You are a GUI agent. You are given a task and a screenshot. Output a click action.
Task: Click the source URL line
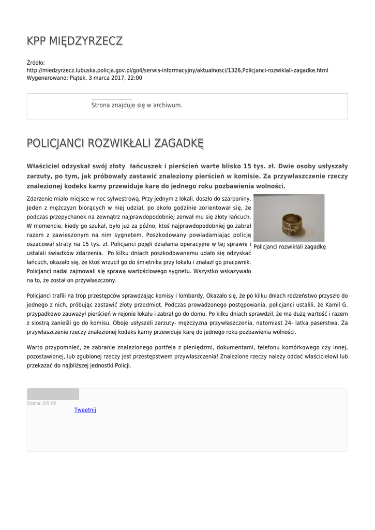coord(177,70)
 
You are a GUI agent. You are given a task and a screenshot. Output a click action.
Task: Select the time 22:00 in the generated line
coord(134,78)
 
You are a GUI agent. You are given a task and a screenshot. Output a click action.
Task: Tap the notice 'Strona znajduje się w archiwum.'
coord(137,105)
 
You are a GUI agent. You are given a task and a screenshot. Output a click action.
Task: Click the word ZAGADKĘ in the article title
coord(178,143)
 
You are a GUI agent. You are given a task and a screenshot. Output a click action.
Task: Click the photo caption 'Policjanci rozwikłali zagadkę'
coord(289,247)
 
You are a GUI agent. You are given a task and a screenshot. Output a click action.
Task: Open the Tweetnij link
coord(85,410)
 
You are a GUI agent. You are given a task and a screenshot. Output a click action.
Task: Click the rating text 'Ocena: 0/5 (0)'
coord(42,403)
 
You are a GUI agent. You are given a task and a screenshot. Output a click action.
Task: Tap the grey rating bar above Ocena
coord(53,394)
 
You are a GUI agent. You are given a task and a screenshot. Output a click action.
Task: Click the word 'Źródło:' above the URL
coord(36,63)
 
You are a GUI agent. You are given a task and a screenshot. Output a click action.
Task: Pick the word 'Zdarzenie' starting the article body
coord(40,198)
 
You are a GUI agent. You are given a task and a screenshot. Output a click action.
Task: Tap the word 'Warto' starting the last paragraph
coord(35,347)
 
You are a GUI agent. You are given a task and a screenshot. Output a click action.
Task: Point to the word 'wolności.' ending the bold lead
coord(269,186)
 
